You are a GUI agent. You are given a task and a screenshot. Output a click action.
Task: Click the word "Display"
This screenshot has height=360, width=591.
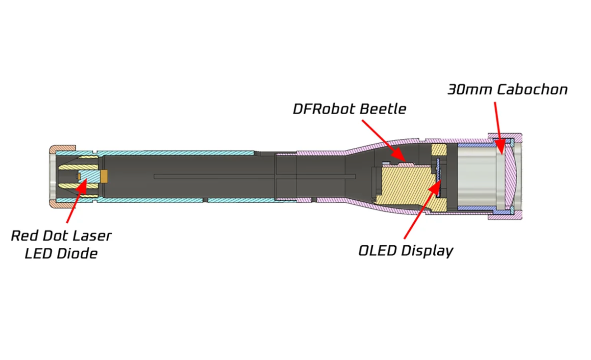click(427, 251)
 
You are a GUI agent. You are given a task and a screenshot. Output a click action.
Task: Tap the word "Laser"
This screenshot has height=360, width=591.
click(92, 236)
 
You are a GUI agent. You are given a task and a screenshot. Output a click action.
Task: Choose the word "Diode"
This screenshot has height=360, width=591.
click(77, 254)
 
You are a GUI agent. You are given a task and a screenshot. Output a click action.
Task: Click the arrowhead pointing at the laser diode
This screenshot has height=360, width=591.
click(82, 186)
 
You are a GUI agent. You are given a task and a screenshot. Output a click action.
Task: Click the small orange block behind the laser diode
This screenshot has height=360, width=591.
click(104, 176)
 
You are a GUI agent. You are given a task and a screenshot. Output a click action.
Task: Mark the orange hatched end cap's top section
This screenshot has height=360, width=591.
click(63, 148)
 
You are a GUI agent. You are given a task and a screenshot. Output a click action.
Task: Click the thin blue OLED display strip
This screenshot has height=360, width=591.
click(438, 177)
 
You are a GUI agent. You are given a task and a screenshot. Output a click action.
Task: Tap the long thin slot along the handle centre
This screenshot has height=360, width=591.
click(254, 177)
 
